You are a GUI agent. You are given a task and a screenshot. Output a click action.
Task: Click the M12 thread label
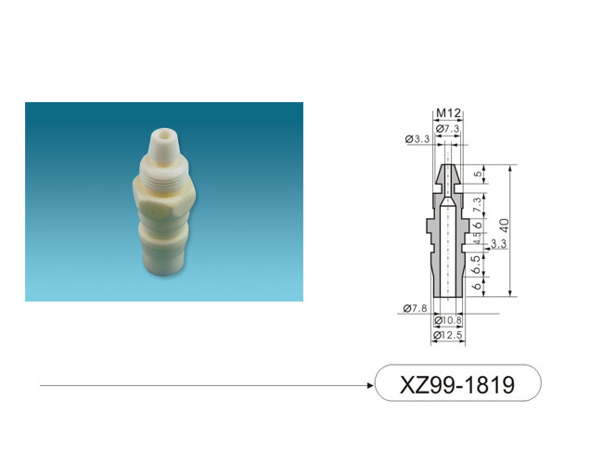(x=448, y=113)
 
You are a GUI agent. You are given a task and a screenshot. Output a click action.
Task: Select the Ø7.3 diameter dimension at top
(x=448, y=129)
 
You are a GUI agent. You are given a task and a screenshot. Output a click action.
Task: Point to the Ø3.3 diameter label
(x=417, y=139)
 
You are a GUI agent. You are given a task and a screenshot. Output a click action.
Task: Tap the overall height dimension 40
(x=504, y=226)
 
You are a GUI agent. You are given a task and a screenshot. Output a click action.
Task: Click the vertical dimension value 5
(x=478, y=174)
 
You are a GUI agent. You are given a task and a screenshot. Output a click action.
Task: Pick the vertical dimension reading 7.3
(x=477, y=205)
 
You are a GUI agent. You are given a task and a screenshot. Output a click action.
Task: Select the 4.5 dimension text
(x=477, y=238)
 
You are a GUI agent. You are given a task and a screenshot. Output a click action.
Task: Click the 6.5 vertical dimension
(x=477, y=264)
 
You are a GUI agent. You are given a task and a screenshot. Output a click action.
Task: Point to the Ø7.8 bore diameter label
(x=415, y=308)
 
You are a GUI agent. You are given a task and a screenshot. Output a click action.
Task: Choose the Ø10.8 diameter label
(x=448, y=320)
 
